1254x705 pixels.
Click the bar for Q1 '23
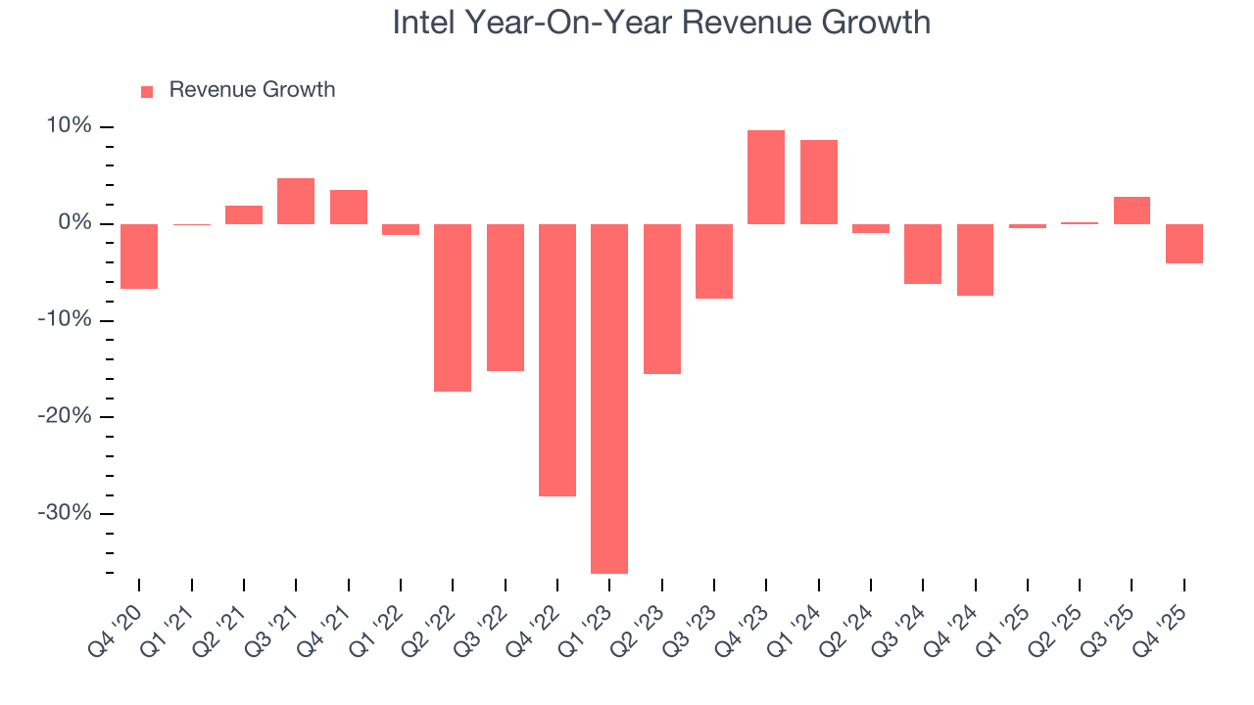[x=609, y=399]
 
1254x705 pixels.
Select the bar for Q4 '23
[x=766, y=177]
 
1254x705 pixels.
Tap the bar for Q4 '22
[x=557, y=360]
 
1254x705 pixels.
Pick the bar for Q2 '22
[x=453, y=307]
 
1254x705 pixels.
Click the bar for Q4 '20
[x=139, y=257]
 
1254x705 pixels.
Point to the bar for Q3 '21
[x=296, y=201]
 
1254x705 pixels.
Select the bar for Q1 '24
[x=819, y=182]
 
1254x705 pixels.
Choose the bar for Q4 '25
[x=1184, y=244]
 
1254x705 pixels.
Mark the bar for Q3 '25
[x=1132, y=211]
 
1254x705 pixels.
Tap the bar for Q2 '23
[x=662, y=299]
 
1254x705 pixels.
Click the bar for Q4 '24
[x=976, y=259]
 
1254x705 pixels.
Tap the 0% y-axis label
[x=74, y=223]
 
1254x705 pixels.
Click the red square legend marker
[x=147, y=92]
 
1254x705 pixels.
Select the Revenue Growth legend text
[x=252, y=90]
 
